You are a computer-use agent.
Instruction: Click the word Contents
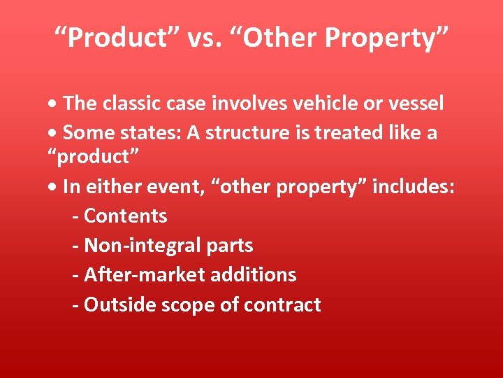coord(125,216)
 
